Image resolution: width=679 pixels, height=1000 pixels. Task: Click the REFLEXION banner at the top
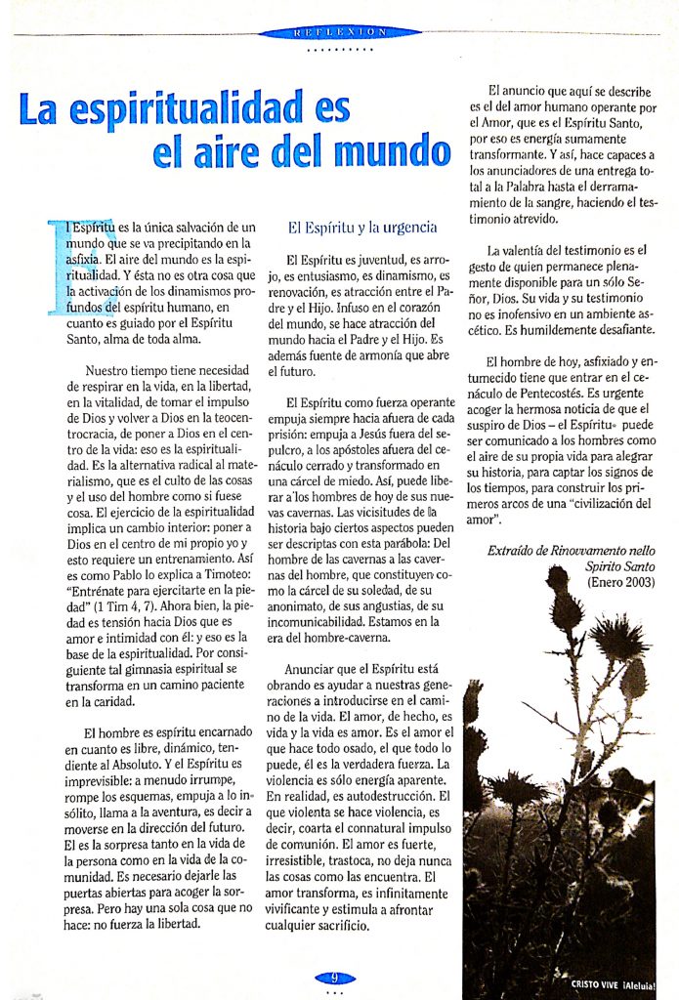339,32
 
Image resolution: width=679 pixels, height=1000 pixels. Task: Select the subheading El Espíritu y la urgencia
361,229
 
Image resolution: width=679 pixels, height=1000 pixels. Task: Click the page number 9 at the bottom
334,978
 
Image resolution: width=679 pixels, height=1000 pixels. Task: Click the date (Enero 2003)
620,583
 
